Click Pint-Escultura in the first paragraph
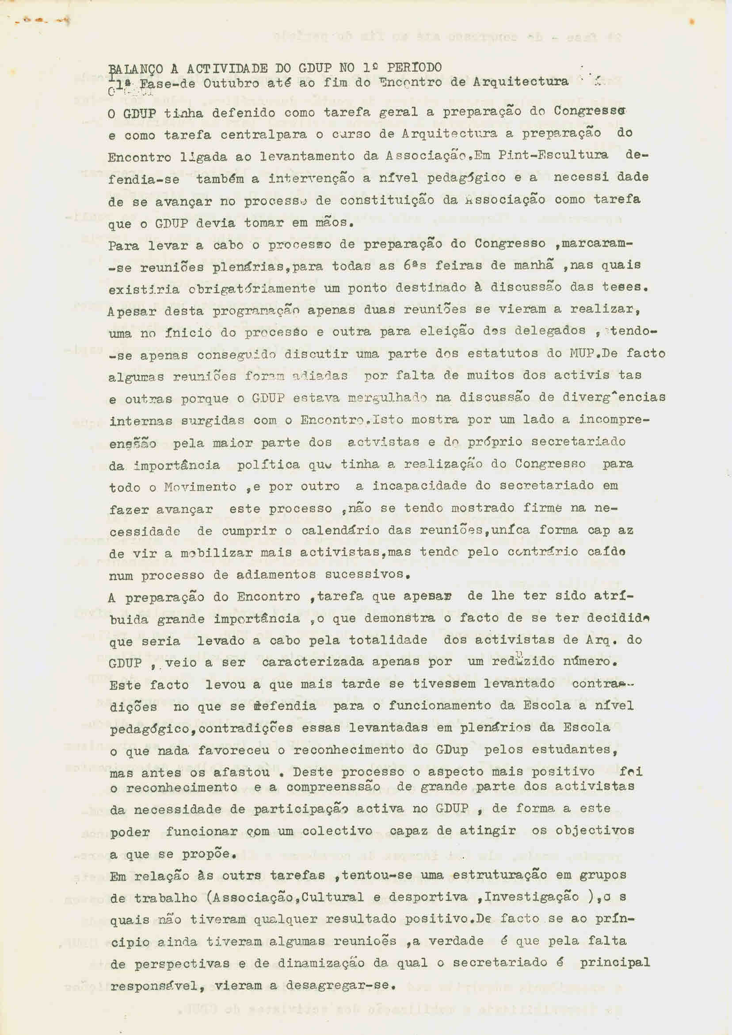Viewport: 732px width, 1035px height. (553, 155)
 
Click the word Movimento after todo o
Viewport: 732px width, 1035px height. (200, 487)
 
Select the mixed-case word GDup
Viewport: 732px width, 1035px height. (451, 750)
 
